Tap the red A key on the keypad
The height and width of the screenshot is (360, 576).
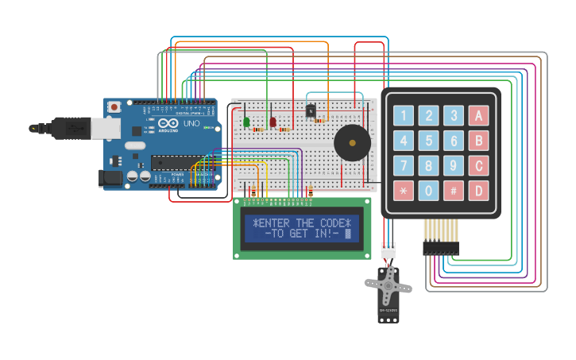[478, 116]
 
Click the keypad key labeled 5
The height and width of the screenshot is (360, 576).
[429, 141]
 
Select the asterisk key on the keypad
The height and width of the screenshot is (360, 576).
[404, 191]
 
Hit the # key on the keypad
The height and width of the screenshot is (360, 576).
[454, 191]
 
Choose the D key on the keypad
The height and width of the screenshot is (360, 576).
[478, 191]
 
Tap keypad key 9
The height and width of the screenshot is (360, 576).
[454, 166]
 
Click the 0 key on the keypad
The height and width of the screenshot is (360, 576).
[429, 191]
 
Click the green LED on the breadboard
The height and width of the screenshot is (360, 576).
[246, 122]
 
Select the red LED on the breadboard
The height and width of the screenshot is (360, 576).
[273, 122]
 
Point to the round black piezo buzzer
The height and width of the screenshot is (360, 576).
[352, 143]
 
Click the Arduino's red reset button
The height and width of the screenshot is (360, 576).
[114, 106]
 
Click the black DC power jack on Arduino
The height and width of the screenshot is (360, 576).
[111, 178]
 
